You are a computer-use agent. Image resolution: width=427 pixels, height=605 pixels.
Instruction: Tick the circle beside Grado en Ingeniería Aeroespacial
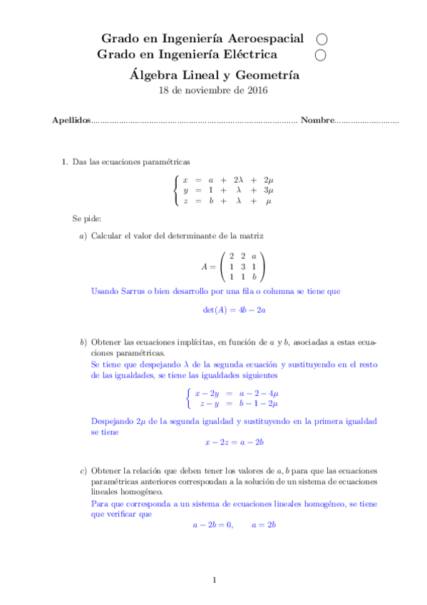321,39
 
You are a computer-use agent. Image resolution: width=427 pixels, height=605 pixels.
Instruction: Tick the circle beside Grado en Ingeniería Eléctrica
321,54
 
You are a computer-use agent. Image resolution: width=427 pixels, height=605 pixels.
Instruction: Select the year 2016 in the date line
257,90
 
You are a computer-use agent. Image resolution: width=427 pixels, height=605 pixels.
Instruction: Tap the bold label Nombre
317,121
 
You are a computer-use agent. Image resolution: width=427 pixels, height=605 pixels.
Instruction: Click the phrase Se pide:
87,217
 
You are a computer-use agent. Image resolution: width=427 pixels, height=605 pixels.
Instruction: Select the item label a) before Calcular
83,235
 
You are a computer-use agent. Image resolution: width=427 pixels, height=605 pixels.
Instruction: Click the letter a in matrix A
253,255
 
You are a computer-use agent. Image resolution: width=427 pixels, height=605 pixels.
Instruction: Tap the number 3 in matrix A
242,265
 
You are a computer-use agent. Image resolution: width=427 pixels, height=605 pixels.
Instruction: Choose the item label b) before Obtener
83,342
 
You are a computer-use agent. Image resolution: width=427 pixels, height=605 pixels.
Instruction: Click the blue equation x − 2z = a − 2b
235,442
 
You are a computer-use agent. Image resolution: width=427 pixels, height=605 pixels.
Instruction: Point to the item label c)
83,471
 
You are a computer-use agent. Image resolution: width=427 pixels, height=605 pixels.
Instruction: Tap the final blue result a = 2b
263,524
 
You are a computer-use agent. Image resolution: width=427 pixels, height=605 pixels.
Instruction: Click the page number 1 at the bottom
214,580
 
